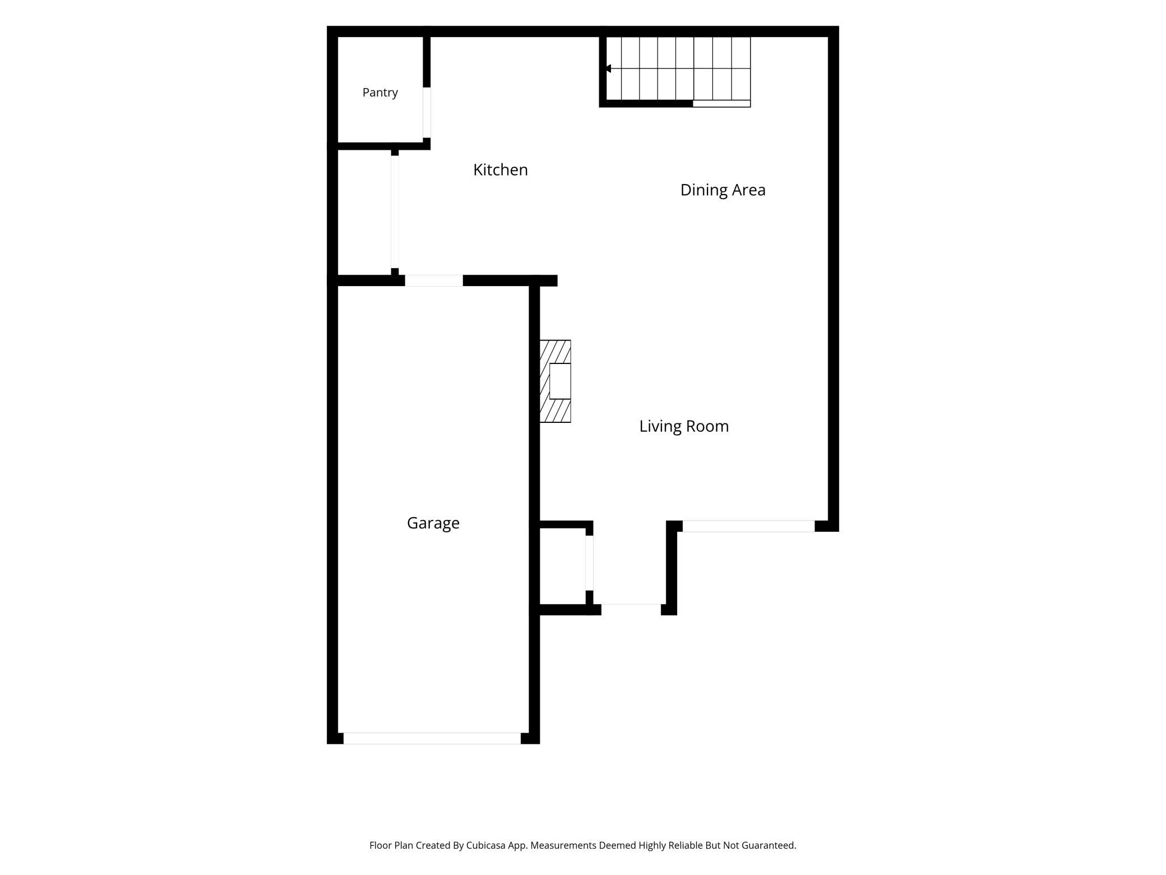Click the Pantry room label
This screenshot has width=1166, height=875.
(x=380, y=93)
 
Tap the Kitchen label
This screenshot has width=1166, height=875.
(x=501, y=169)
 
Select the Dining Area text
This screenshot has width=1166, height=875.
(x=723, y=190)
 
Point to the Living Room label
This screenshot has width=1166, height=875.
(x=684, y=426)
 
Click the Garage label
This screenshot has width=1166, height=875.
(x=433, y=523)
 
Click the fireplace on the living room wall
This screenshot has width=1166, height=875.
(x=555, y=381)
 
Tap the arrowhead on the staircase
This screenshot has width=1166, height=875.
(x=608, y=68)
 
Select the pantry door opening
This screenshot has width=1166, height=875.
(x=427, y=112)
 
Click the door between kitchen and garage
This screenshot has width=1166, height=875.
(x=434, y=280)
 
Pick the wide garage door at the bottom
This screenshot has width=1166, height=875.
(x=432, y=738)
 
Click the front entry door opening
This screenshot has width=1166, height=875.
(x=631, y=609)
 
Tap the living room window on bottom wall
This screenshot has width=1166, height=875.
(x=748, y=526)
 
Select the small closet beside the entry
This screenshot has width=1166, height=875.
(x=562, y=566)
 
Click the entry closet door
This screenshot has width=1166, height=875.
(x=589, y=563)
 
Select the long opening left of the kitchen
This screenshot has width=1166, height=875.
(x=395, y=212)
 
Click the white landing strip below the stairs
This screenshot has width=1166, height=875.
(x=721, y=104)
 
